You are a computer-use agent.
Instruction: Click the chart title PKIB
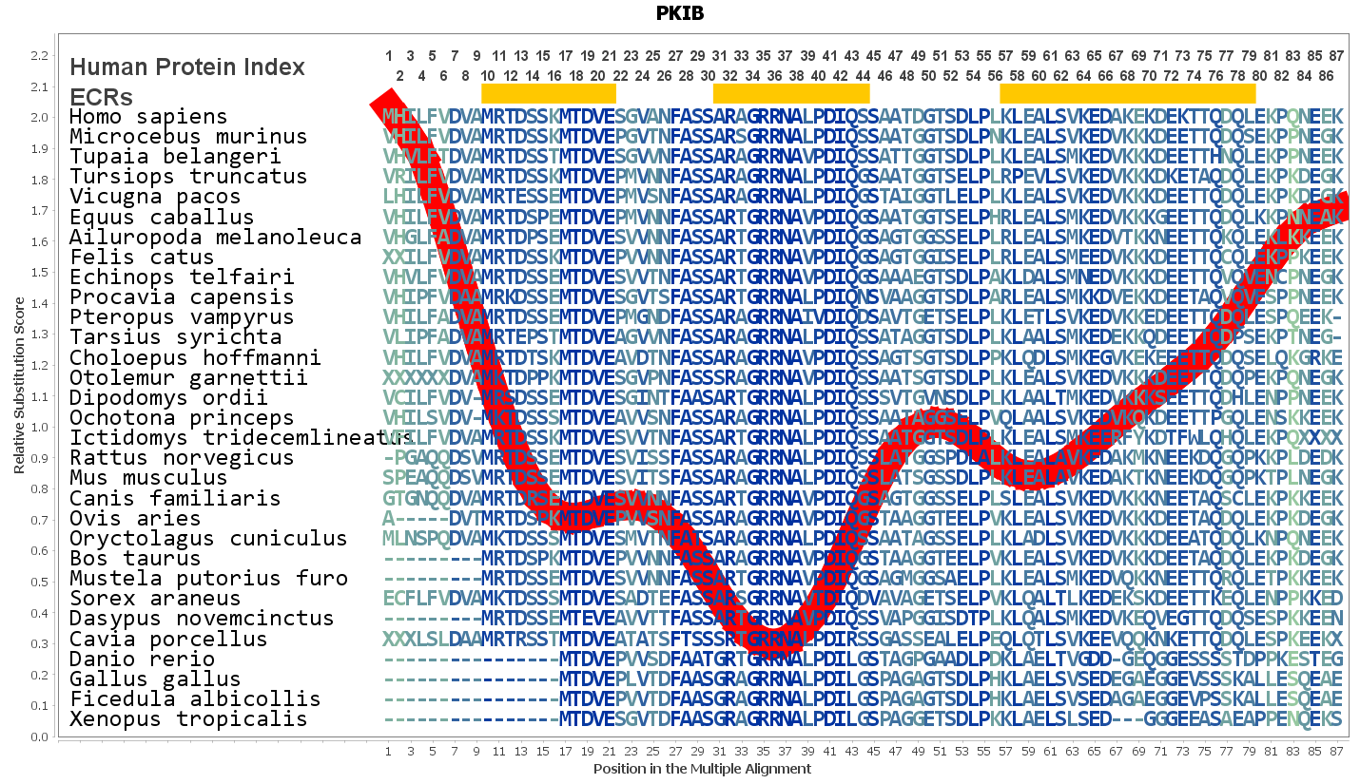click(x=679, y=13)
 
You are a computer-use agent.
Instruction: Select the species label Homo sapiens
click(x=148, y=117)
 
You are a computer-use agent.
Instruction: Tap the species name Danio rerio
click(x=143, y=660)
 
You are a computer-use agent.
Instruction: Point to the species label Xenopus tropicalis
click(x=188, y=719)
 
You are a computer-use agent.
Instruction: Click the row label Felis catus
click(x=143, y=258)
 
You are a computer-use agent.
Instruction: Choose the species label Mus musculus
click(x=148, y=478)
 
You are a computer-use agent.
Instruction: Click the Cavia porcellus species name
click(x=168, y=640)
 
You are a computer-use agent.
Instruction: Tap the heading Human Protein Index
click(x=187, y=67)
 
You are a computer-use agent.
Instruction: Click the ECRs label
click(x=101, y=98)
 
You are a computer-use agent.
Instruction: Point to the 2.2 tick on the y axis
click(x=39, y=56)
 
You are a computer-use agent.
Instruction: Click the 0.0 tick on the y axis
click(x=39, y=736)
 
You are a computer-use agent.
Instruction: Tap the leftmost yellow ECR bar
click(x=549, y=93)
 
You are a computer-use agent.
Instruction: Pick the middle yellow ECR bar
click(x=791, y=93)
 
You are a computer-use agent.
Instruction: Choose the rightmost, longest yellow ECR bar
click(x=1128, y=93)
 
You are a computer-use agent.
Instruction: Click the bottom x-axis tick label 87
click(x=1336, y=752)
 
